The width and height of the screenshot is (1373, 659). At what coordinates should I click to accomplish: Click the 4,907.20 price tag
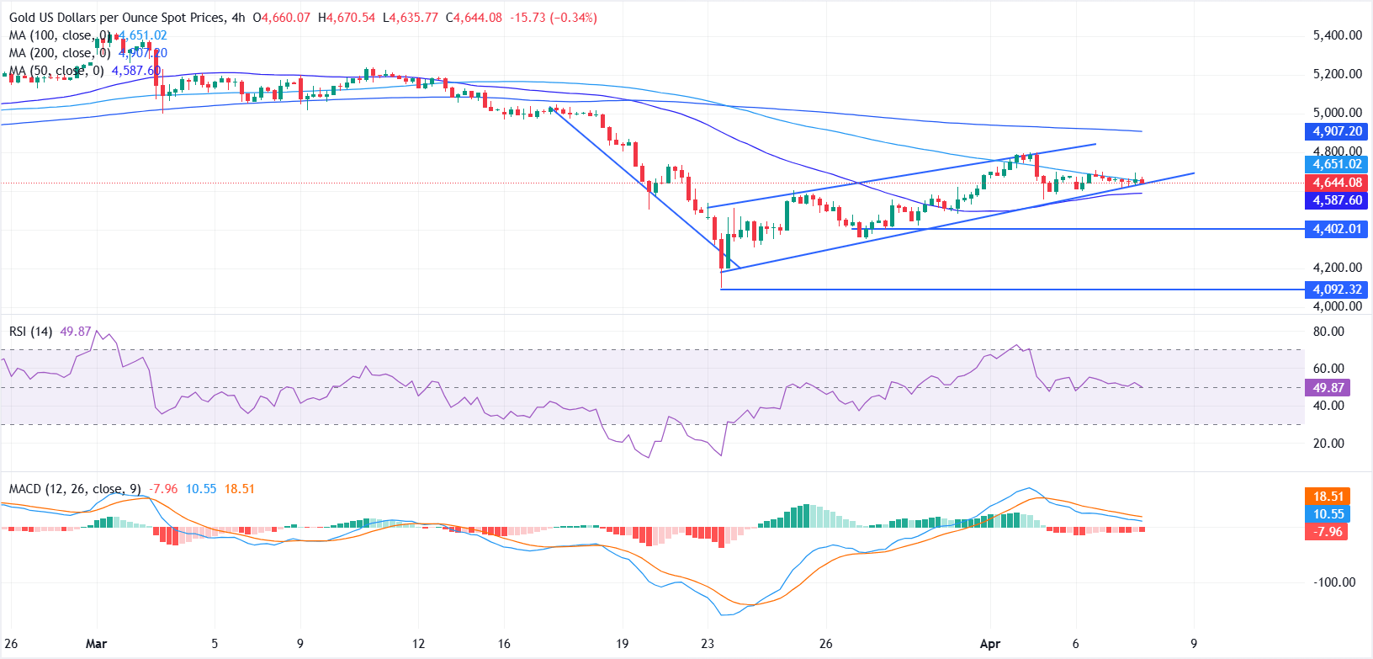(1337, 131)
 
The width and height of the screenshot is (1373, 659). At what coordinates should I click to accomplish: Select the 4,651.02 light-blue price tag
(1337, 164)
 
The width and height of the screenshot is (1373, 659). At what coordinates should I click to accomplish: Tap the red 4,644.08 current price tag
(1337, 183)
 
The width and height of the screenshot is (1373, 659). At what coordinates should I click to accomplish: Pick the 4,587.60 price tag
(1337, 200)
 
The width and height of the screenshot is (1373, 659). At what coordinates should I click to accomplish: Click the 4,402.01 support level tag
(1337, 229)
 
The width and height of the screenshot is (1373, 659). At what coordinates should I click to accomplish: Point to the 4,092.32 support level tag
(1337, 290)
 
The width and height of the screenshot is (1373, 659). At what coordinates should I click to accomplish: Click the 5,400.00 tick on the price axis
(1337, 35)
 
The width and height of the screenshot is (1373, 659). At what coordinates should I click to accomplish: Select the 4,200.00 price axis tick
(1337, 268)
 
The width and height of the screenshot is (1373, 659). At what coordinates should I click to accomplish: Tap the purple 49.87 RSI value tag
(1328, 388)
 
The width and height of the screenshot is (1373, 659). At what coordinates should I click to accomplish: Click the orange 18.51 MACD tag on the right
(1328, 497)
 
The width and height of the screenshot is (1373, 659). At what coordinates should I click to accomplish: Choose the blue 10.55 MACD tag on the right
(1328, 514)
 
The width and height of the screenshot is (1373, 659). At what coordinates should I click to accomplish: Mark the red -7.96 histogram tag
(1328, 532)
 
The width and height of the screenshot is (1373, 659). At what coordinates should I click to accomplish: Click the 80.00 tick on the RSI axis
(1328, 332)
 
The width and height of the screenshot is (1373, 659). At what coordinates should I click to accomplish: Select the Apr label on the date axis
(990, 644)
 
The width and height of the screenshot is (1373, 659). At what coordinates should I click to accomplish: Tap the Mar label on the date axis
(96, 644)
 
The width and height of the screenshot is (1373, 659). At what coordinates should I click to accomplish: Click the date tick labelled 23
(708, 644)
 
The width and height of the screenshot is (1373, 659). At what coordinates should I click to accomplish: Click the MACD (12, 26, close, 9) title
(75, 489)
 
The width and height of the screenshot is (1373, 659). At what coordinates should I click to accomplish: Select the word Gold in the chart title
(23, 18)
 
